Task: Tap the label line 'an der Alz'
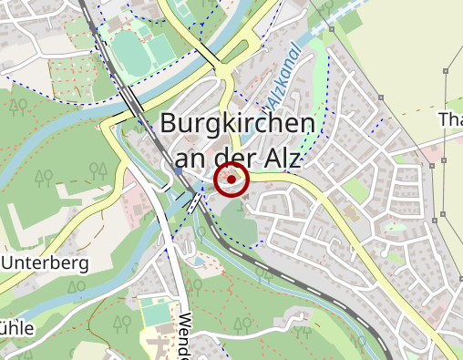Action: coord(237,157)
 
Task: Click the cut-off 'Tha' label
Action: coord(450,120)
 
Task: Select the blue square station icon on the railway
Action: coord(179,170)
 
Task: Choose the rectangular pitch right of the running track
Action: coord(160,47)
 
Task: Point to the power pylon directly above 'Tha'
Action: coord(446,69)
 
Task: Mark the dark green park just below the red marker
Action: coord(235,220)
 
